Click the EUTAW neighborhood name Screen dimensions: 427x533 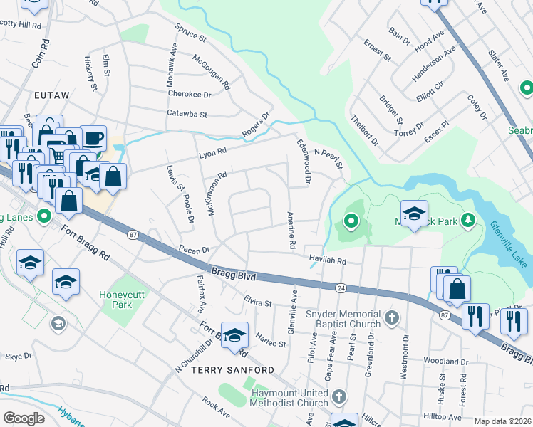pyautogui.click(x=50, y=94)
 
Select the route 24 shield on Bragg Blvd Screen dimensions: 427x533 pyautogui.click(x=342, y=288)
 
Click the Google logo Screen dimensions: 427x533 pyautogui.click(x=24, y=418)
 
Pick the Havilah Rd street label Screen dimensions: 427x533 pyautogui.click(x=326, y=261)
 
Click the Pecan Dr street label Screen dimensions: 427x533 pyautogui.click(x=195, y=251)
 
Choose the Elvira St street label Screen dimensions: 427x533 pyautogui.click(x=258, y=302)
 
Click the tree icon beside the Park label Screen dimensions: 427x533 pyautogui.click(x=468, y=221)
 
